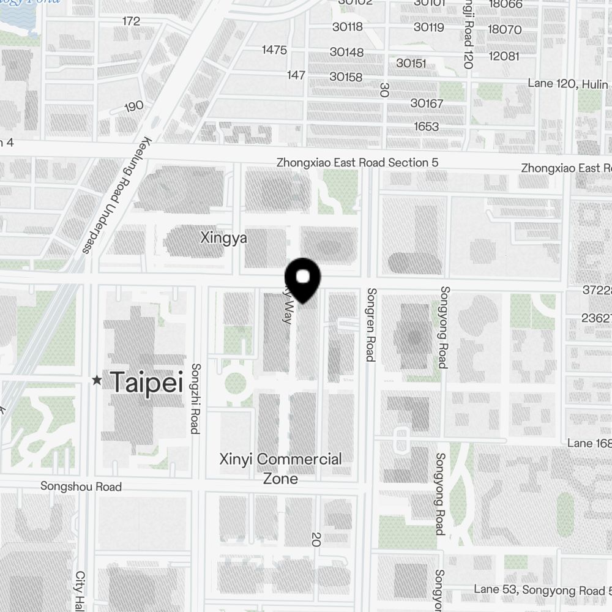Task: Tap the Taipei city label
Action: [147, 382]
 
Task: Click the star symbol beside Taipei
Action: [97, 381]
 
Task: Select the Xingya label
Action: [224, 238]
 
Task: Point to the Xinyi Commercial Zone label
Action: [281, 468]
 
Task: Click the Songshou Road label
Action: [81, 487]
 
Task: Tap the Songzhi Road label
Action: [196, 398]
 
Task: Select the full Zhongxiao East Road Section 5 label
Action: [357, 163]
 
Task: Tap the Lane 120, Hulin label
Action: [569, 83]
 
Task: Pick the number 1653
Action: [426, 127]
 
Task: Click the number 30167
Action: [427, 103]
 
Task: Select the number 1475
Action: [274, 50]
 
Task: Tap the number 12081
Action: [504, 56]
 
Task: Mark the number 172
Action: [131, 21]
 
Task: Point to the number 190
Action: [134, 106]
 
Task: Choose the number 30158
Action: [346, 77]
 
